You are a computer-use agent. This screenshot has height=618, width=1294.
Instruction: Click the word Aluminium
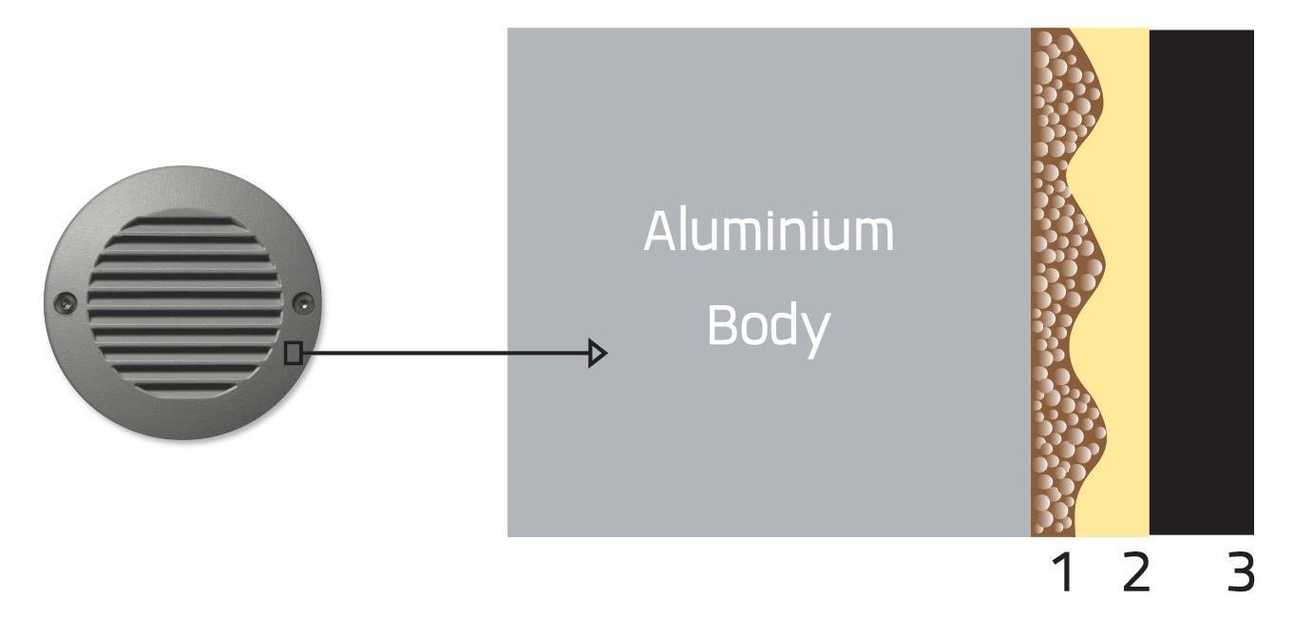[768, 231]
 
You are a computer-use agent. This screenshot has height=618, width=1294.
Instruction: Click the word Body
[768, 326]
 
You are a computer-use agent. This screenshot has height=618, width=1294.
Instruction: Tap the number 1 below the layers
[1063, 572]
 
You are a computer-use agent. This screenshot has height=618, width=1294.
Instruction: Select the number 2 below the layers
[1134, 572]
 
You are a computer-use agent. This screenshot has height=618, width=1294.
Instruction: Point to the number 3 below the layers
[1240, 572]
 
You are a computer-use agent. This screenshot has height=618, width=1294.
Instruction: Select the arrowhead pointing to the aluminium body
[598, 354]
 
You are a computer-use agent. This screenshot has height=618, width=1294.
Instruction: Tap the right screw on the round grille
[303, 303]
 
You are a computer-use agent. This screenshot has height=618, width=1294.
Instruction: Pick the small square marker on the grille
[294, 354]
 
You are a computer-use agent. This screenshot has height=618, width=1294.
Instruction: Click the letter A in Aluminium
[661, 231]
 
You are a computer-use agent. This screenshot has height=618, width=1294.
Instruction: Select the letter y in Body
[815, 333]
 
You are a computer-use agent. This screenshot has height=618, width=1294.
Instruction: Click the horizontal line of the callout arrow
[447, 354]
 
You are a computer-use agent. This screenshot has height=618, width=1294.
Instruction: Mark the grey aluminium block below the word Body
[768, 447]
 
